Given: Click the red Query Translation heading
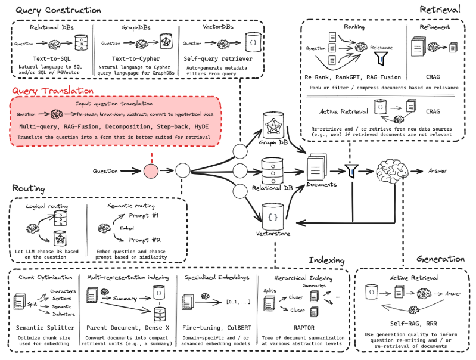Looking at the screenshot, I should pos(51,91).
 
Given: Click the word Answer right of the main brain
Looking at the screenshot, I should pos(438,171).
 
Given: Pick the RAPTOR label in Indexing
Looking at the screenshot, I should pos(304,327).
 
